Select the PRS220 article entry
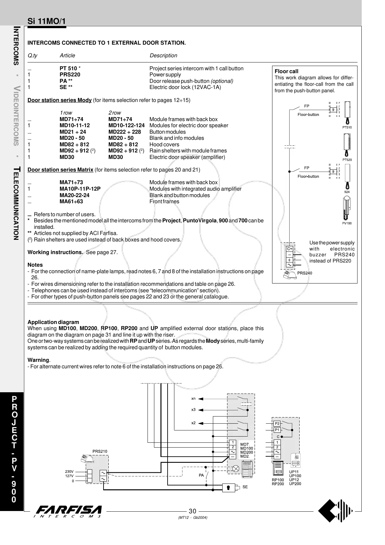(70, 74)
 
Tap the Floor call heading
(286, 71)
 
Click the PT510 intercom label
(347, 127)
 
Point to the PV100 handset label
(347, 223)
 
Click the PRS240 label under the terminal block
(304, 273)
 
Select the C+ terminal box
(289, 249)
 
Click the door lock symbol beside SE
(229, 487)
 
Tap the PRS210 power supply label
(100, 451)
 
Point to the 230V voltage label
(69, 472)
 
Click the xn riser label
(193, 398)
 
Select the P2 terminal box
(277, 423)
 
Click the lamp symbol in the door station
(236, 468)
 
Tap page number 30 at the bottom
(192, 511)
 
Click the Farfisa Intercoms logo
(69, 511)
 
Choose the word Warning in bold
(38, 360)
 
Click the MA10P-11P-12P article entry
(80, 189)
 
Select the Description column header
(163, 56)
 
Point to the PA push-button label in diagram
(201, 475)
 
